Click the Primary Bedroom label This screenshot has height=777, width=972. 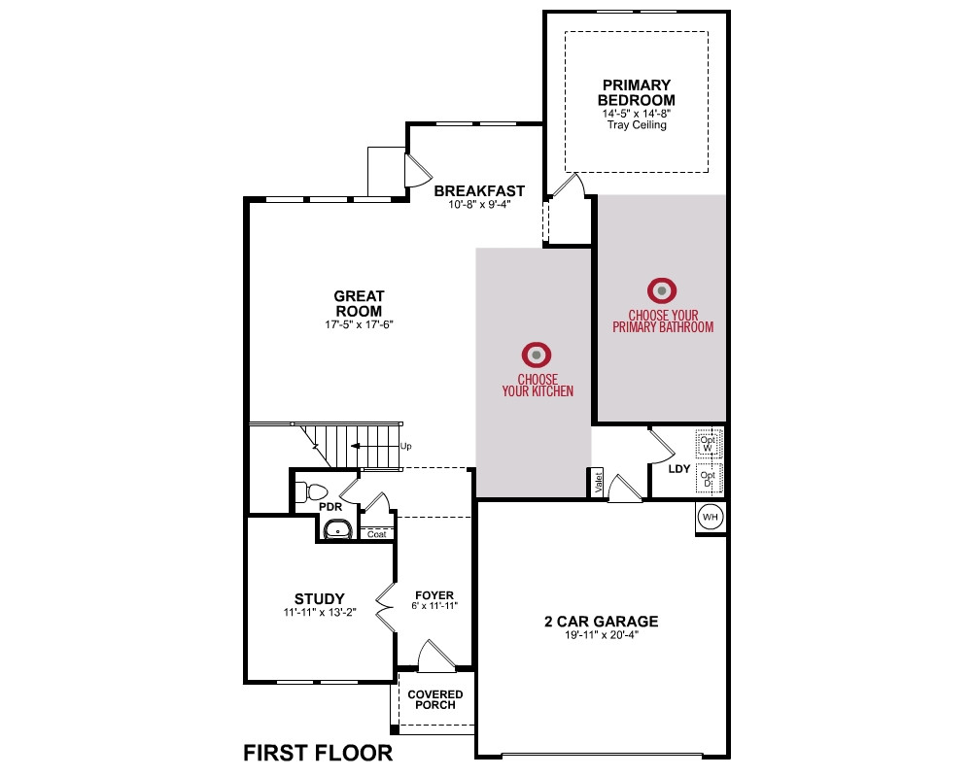click(x=636, y=92)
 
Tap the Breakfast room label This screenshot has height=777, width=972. click(x=479, y=190)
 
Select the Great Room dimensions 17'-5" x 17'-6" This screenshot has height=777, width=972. click(x=359, y=324)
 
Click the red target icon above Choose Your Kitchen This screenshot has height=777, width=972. click(x=537, y=355)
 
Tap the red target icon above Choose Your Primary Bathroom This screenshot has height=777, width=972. click(x=662, y=290)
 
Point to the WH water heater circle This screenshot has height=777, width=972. click(x=710, y=517)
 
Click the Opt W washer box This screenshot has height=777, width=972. click(x=708, y=443)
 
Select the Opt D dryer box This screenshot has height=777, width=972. click(x=708, y=479)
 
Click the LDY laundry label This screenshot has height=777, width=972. click(x=678, y=469)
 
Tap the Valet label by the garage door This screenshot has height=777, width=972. click(x=598, y=482)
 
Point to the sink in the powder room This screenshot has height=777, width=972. click(x=338, y=530)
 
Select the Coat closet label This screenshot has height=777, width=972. click(x=376, y=533)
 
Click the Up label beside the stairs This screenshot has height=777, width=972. click(x=406, y=446)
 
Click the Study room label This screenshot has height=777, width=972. click(x=319, y=598)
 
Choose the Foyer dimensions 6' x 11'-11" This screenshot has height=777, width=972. click(x=434, y=606)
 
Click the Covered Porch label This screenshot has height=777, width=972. click(x=435, y=699)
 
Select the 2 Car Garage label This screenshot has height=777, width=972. click(x=602, y=621)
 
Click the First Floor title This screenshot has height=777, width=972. click(x=318, y=753)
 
